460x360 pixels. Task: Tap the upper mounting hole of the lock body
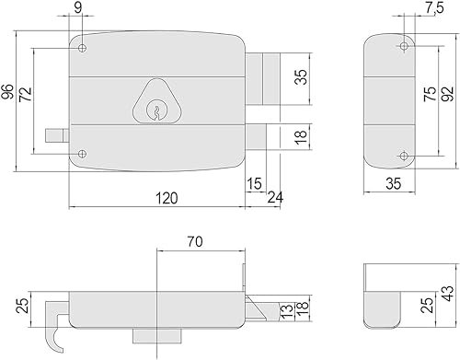point(82,48)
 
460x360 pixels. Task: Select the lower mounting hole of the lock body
point(82,154)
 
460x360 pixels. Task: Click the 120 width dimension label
point(167,198)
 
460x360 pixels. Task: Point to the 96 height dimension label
point(7,91)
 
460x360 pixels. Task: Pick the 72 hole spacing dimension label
point(26,95)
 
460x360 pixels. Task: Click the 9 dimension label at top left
point(78,7)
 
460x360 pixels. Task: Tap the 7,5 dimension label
point(434,8)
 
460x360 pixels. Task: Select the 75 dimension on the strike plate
point(430,94)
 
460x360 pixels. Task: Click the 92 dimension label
point(447,94)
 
